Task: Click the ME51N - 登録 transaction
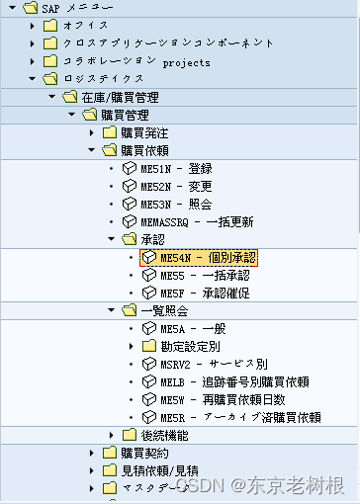187,168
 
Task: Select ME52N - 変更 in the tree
187,186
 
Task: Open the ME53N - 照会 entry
187,204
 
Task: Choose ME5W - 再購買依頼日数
223,399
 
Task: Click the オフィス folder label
85,26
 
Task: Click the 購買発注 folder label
144,132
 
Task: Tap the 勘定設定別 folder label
194,346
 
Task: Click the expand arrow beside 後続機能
112,435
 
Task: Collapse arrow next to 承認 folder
112,239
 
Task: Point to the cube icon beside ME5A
149,328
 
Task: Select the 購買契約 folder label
144,453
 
